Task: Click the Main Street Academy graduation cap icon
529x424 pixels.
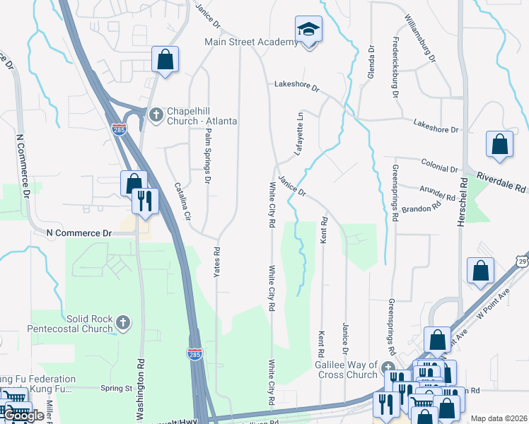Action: (x=308, y=29)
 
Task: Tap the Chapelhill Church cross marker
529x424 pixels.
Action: (x=155, y=113)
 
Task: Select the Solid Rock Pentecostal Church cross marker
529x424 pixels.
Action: (x=123, y=323)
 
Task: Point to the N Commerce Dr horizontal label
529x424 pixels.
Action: (x=79, y=232)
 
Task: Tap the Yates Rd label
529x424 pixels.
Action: (x=217, y=261)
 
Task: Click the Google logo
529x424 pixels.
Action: (x=23, y=416)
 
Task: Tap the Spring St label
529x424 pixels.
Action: (x=117, y=388)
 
